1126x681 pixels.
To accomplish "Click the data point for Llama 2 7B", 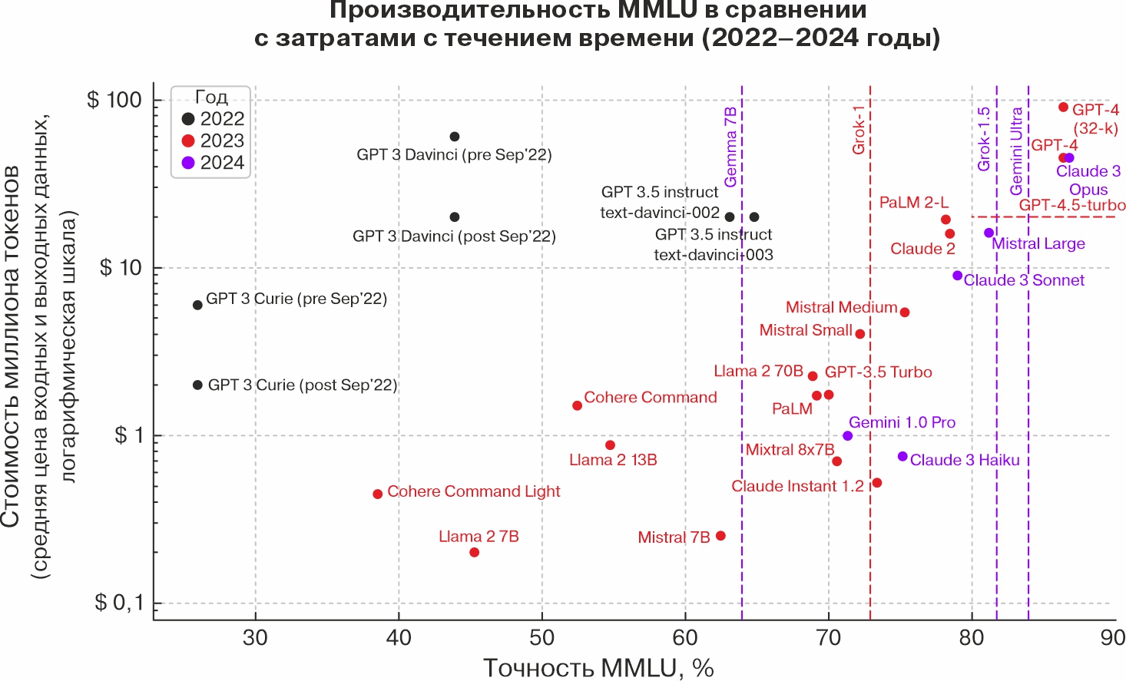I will pyautogui.click(x=474, y=552).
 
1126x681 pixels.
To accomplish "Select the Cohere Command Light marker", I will pyautogui.click(x=378, y=494).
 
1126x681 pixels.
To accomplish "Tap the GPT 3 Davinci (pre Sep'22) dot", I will pyautogui.click(x=454, y=137).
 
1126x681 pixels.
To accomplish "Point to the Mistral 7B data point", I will pyautogui.click(x=720, y=536).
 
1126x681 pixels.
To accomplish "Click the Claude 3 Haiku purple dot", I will pyautogui.click(x=902, y=456).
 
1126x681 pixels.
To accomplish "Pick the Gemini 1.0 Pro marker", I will pyautogui.click(x=847, y=435).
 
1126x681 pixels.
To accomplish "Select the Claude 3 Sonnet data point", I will pyautogui.click(x=957, y=276).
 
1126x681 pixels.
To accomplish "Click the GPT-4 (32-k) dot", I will pyautogui.click(x=1063, y=107).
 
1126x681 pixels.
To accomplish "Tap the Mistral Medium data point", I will pyautogui.click(x=905, y=312).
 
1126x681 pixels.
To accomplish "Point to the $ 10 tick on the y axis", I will pyautogui.click(x=121, y=268).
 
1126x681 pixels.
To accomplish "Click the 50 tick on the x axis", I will pyautogui.click(x=541, y=637).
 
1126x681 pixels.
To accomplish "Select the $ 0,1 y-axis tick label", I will pyautogui.click(x=120, y=603).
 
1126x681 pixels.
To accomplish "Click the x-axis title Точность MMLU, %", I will pyautogui.click(x=598, y=667).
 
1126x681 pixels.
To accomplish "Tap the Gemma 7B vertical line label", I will pyautogui.click(x=730, y=147).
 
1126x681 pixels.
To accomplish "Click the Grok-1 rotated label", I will pyautogui.click(x=859, y=130).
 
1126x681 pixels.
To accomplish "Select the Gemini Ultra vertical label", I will pyautogui.click(x=1016, y=151).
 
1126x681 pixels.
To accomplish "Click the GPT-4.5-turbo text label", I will pyautogui.click(x=1072, y=206).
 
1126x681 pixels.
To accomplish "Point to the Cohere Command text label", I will pyautogui.click(x=650, y=397).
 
